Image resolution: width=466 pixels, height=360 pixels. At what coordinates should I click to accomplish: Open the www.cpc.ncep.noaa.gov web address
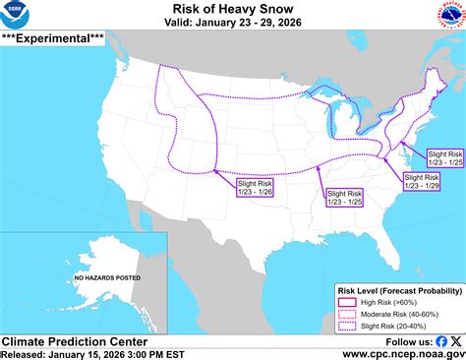coord(403,353)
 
